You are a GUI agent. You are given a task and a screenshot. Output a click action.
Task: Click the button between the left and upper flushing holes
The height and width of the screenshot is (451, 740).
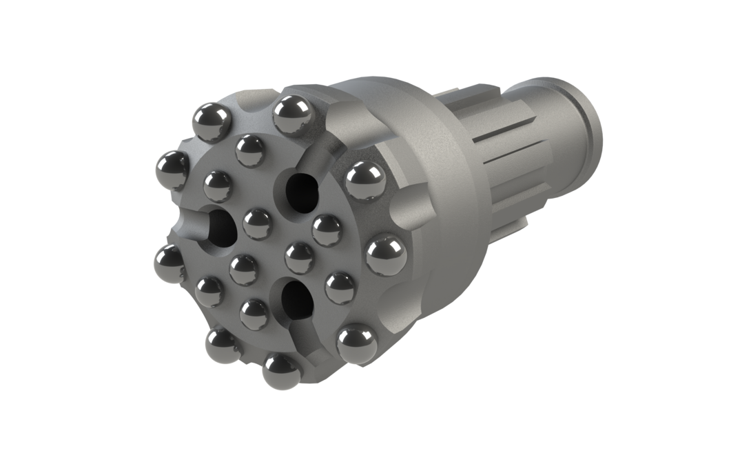pos(257,222)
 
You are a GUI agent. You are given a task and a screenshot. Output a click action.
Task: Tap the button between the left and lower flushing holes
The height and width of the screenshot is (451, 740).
pos(245,269)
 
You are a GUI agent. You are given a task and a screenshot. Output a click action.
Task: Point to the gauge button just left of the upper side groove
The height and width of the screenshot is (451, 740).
pos(291,114)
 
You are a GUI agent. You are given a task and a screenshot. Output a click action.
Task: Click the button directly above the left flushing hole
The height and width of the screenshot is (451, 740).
pos(218,186)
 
